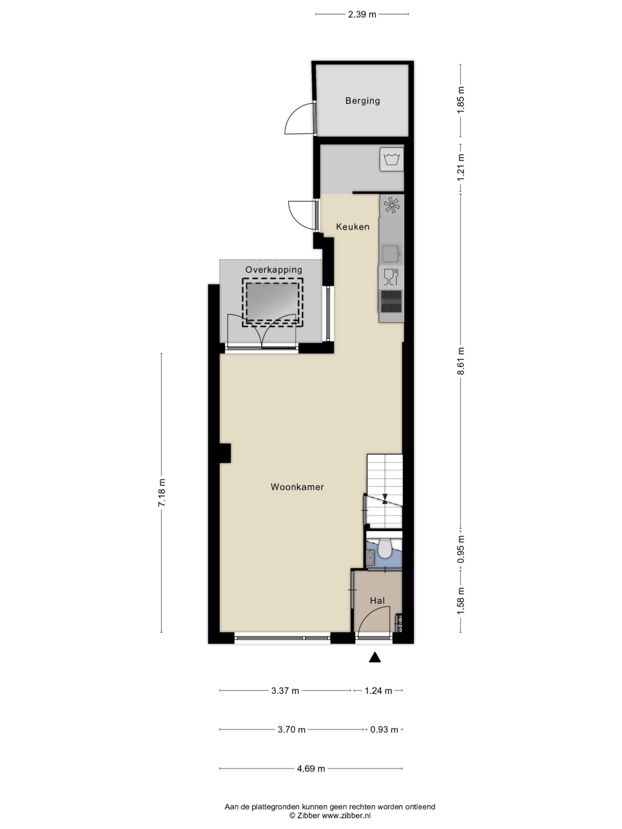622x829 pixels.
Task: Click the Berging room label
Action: tap(362, 101)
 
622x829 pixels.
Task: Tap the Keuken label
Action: tap(352, 227)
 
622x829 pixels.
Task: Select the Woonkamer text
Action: tap(297, 487)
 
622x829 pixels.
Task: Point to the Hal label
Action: tap(377, 600)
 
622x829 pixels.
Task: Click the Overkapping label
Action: tap(274, 269)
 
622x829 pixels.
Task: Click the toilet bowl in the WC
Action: tap(385, 550)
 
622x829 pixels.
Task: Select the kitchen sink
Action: tap(391, 253)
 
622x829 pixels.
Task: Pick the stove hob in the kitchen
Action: tap(391, 302)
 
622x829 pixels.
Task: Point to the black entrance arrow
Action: tap(374, 657)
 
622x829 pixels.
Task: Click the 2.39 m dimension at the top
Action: tap(362, 14)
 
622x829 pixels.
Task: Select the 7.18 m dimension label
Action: tap(162, 492)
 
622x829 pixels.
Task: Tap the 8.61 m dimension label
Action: tap(460, 361)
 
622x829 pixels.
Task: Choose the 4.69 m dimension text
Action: tap(311, 769)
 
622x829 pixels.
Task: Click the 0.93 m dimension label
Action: tap(384, 729)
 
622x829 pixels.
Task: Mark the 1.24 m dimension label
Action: tap(378, 691)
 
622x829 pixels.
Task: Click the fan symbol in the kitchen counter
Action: tap(392, 206)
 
